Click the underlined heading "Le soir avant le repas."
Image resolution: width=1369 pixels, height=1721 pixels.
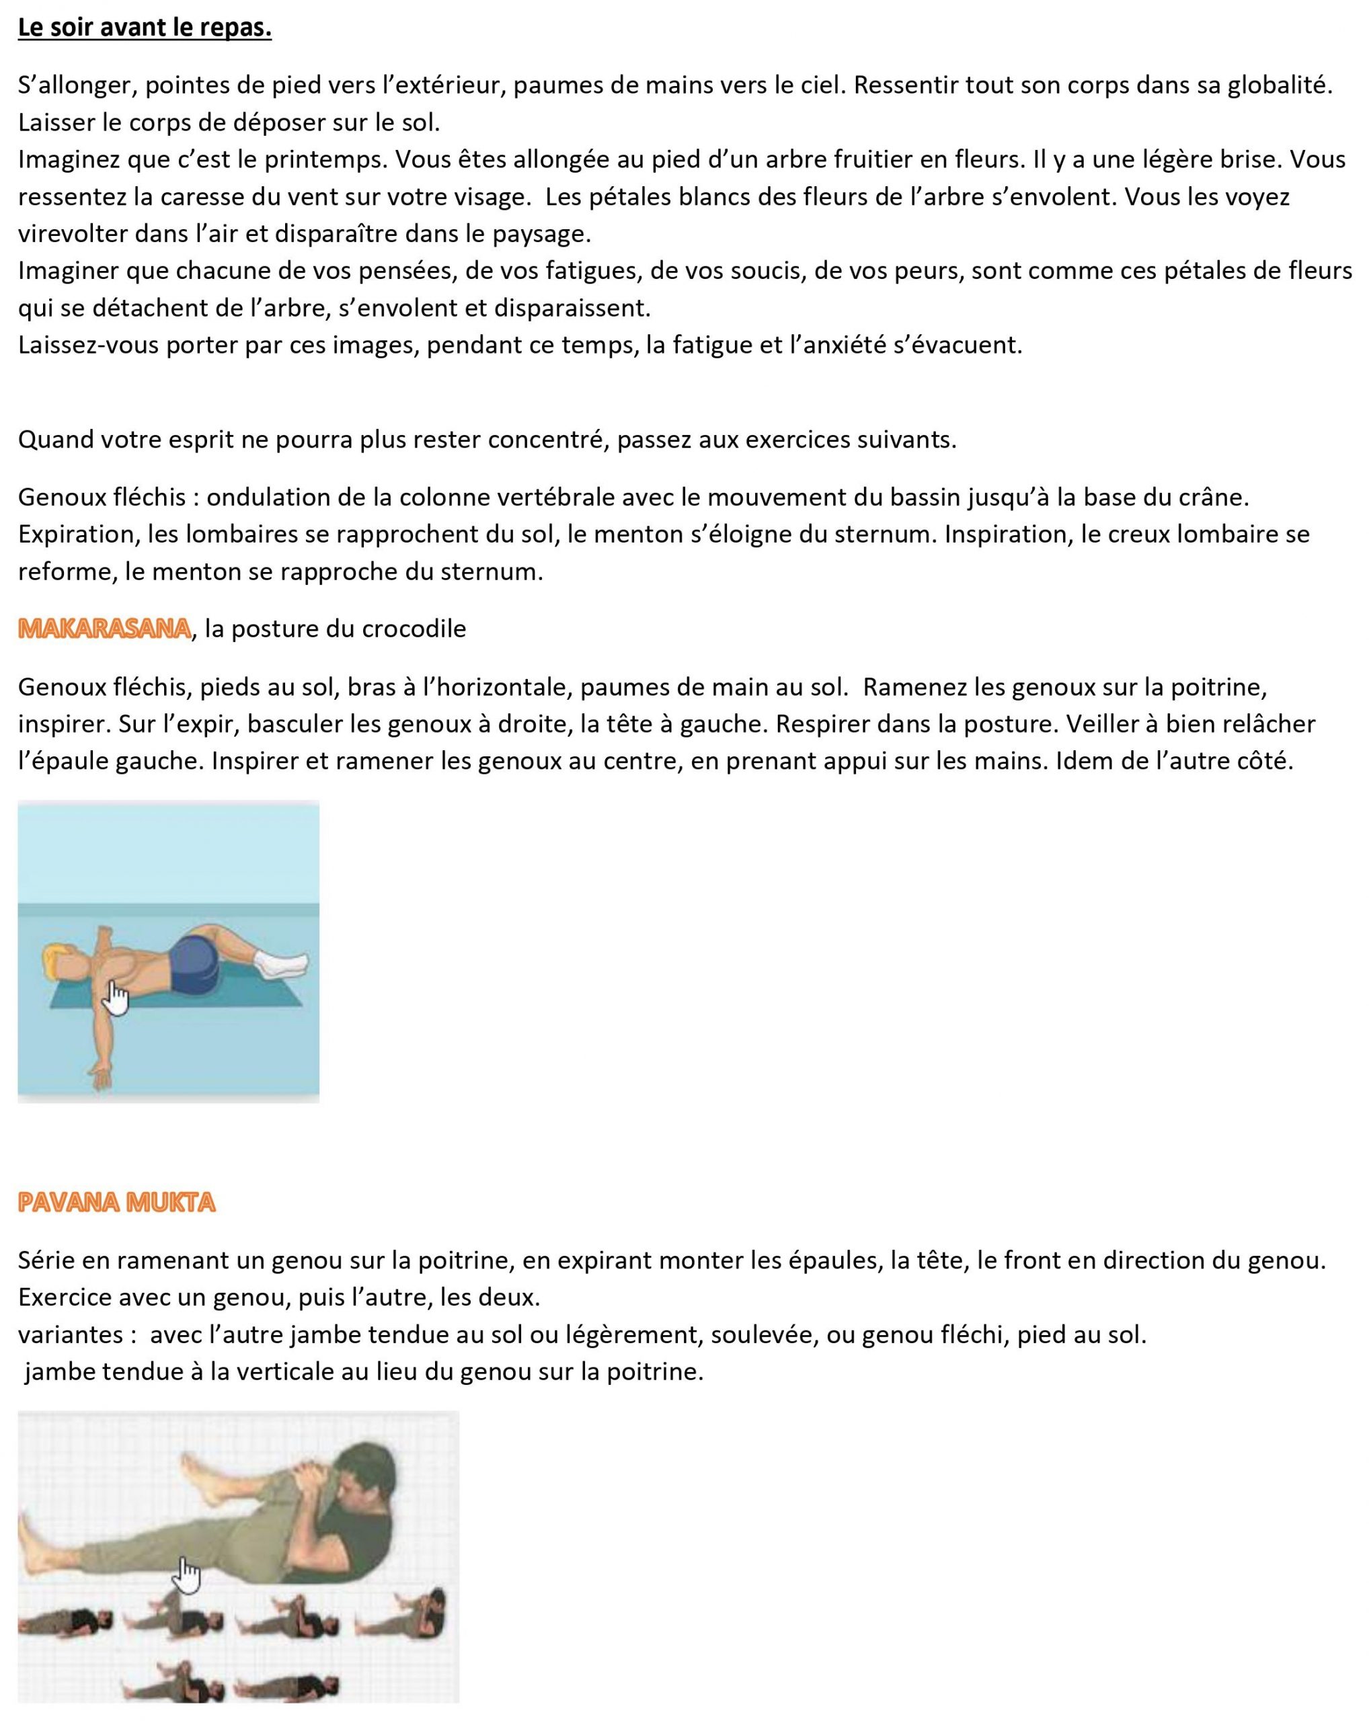click(145, 28)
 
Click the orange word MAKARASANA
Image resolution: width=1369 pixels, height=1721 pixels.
click(104, 629)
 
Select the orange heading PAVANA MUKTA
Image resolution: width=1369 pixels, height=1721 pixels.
click(116, 1202)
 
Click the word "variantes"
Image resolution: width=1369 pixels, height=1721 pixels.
click(70, 1334)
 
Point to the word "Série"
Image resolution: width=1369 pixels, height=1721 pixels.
click(43, 1260)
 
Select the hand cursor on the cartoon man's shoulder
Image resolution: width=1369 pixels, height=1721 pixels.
click(116, 1000)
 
